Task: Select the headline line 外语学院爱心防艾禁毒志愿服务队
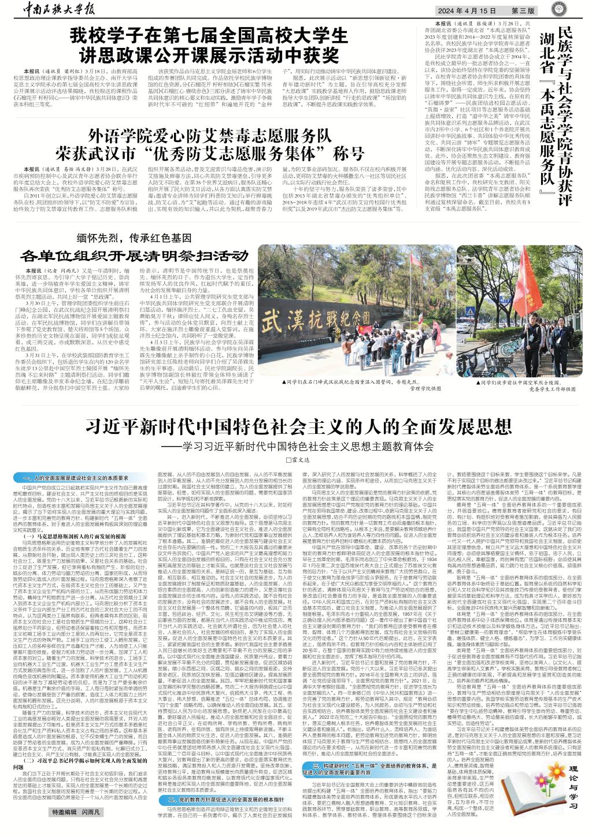click(209, 136)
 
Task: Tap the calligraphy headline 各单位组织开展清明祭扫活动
click(134, 255)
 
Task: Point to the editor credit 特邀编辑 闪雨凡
click(76, 829)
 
